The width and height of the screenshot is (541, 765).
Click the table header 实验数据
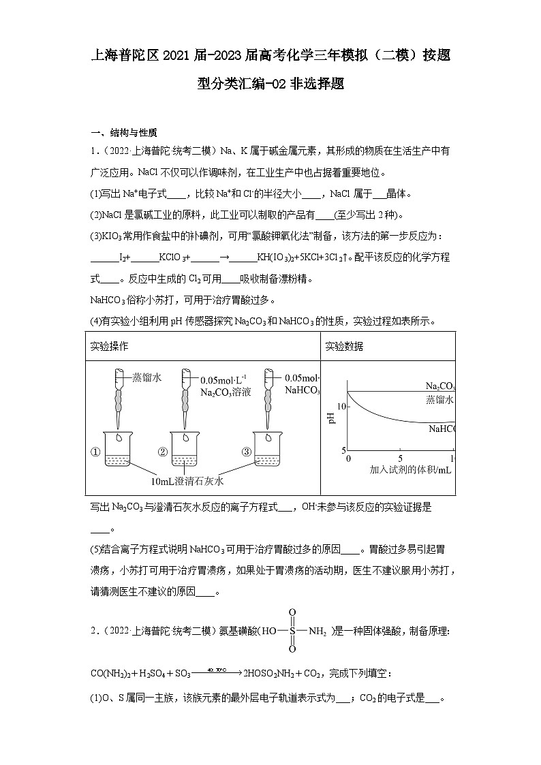[x=344, y=346]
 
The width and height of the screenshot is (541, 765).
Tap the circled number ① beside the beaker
[x=96, y=452]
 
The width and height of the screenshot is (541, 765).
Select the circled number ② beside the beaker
[x=163, y=452]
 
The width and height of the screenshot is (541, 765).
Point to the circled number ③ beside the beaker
[x=247, y=452]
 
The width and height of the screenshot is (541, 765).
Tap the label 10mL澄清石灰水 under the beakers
[x=187, y=481]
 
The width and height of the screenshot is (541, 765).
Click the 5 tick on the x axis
[x=401, y=458]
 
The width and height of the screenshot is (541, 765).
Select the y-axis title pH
[x=332, y=417]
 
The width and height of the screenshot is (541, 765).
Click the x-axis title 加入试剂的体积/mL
[x=411, y=470]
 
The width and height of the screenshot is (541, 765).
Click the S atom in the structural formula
[x=292, y=631]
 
